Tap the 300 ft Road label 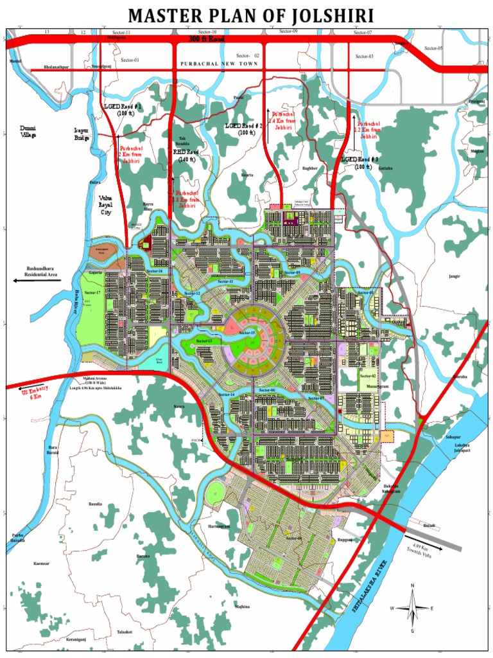(x=207, y=39)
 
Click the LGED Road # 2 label (x=245, y=129)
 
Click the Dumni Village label (x=28, y=132)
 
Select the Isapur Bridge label (x=82, y=134)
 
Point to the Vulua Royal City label (x=105, y=205)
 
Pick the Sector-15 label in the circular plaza (x=247, y=333)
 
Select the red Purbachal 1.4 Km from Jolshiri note (x=283, y=120)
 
